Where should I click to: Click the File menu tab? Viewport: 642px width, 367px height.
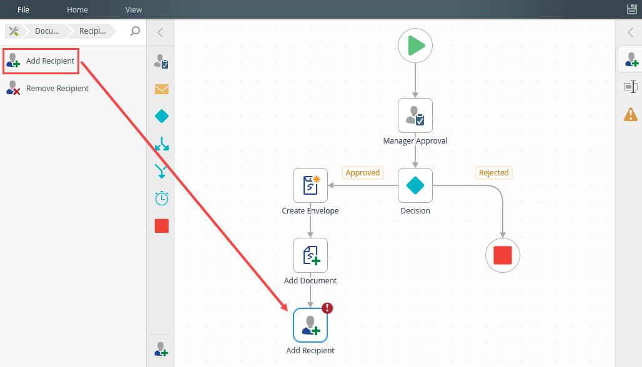tap(23, 9)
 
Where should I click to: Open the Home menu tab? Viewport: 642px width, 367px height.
tap(77, 9)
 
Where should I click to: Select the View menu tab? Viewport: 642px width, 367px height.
tap(134, 9)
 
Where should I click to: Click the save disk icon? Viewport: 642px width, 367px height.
tap(631, 9)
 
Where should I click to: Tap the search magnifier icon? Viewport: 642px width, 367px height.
tap(135, 31)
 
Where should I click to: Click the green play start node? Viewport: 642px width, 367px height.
tap(415, 46)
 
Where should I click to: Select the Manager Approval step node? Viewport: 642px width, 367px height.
tap(415, 115)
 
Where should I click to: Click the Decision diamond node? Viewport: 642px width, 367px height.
tap(415, 185)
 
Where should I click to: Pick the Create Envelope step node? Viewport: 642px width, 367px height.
tap(310, 185)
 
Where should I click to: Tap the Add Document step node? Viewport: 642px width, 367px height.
tap(310, 255)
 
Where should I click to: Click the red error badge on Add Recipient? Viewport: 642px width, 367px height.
tap(327, 308)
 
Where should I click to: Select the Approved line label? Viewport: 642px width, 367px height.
tap(362, 173)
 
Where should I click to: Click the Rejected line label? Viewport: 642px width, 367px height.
tap(493, 173)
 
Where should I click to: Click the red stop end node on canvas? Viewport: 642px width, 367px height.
tap(503, 255)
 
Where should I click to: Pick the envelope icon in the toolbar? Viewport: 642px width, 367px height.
tap(162, 89)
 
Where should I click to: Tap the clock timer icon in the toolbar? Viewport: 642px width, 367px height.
tap(162, 198)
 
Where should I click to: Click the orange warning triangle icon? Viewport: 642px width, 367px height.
tap(631, 114)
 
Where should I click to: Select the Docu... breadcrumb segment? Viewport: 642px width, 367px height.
tap(46, 31)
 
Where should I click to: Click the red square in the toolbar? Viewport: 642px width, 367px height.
tap(162, 226)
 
